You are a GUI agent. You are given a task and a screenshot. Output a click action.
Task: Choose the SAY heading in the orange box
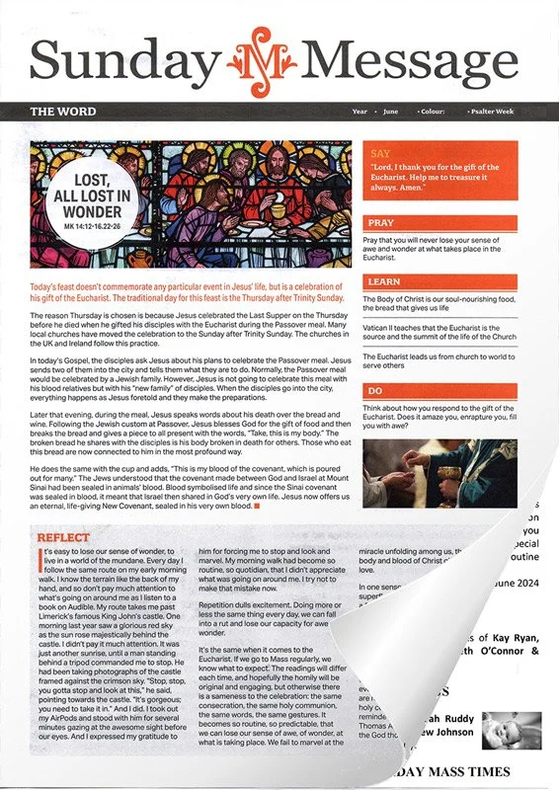(380, 154)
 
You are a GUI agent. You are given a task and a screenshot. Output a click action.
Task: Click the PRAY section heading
(381, 223)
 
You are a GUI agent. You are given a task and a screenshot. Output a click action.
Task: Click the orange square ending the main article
(257, 506)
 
